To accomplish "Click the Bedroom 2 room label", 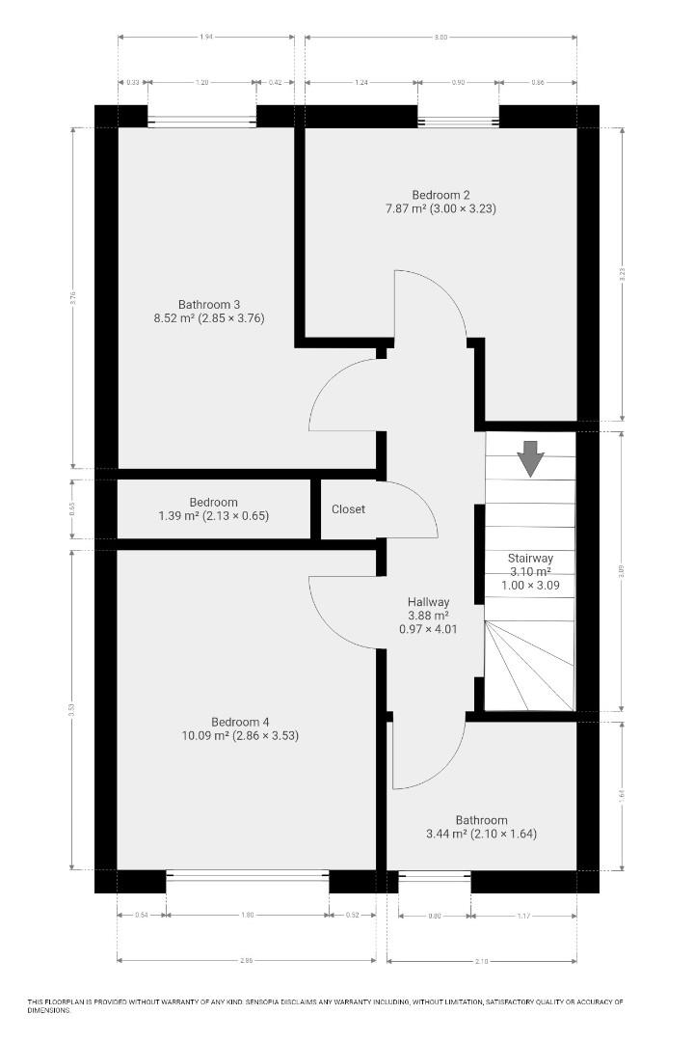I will point(440,193).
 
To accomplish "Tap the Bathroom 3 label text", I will point(208,305).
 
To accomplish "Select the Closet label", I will point(348,509).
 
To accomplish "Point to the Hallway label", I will point(428,602).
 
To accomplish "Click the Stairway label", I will point(530,558).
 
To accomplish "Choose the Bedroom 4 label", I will point(240,722).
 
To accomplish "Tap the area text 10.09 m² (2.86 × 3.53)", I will point(240,736).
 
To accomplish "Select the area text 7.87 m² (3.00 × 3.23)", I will point(440,207).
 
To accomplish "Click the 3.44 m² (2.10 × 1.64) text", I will point(481,835).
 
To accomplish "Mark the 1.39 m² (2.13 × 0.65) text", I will point(213,516).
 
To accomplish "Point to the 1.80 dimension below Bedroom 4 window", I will point(248,916).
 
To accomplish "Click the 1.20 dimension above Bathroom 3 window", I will point(201,83).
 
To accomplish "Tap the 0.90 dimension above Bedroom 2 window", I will point(458,83).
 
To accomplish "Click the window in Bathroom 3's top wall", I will point(201,121).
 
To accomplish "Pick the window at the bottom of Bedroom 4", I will point(248,875).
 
